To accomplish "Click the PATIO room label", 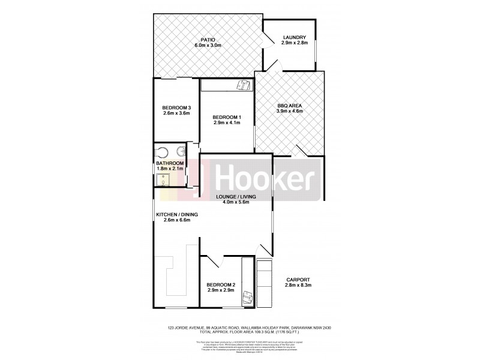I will click(208, 40).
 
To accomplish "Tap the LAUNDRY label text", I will click(295, 38).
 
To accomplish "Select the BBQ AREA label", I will click(289, 106).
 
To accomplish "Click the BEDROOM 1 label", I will click(227, 117).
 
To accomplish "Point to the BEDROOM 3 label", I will click(176, 107).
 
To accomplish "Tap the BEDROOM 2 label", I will click(220, 284).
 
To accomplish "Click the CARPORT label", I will click(298, 280).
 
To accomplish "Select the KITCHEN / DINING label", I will click(176, 215).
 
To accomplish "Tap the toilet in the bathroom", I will click(161, 151).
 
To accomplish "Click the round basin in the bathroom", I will click(180, 152).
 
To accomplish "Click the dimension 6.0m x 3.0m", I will click(208, 46).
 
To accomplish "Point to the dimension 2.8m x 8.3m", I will click(298, 286).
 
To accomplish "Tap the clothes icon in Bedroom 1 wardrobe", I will click(243, 85).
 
